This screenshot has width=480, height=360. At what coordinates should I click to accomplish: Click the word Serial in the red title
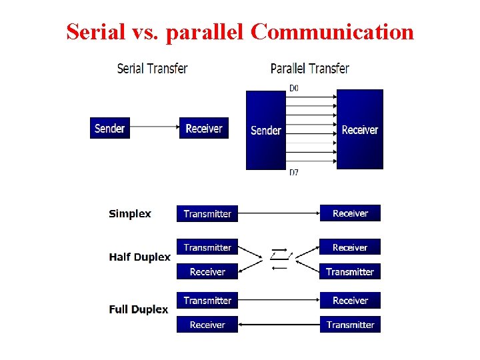pyautogui.click(x=95, y=31)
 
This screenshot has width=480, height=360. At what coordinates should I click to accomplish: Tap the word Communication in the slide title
pyautogui.click(x=333, y=31)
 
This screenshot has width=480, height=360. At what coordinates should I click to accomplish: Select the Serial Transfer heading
pyautogui.click(x=152, y=68)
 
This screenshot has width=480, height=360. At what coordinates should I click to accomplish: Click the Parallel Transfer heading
pyautogui.click(x=310, y=68)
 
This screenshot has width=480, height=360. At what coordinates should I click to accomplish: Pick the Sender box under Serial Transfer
pyautogui.click(x=110, y=128)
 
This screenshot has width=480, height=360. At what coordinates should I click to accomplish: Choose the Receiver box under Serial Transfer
pyautogui.click(x=204, y=128)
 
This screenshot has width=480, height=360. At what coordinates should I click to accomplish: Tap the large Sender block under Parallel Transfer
pyautogui.click(x=266, y=130)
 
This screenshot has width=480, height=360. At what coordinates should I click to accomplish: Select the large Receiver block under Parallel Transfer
pyautogui.click(x=360, y=129)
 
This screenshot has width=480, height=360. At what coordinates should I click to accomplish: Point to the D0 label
pyautogui.click(x=294, y=87)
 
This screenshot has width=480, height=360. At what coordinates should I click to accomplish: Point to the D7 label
pyautogui.click(x=294, y=173)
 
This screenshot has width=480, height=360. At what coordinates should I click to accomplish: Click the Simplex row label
pyautogui.click(x=130, y=214)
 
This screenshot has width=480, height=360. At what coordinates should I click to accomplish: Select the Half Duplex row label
pyautogui.click(x=140, y=257)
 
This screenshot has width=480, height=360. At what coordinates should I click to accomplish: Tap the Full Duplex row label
pyautogui.click(x=139, y=309)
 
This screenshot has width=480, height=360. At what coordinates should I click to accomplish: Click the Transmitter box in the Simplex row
pyautogui.click(x=207, y=214)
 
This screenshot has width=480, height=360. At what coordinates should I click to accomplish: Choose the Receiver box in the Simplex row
pyautogui.click(x=350, y=213)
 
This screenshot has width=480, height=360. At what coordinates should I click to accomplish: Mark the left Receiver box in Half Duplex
pyautogui.click(x=207, y=271)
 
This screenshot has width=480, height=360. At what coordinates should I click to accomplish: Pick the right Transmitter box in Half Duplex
pyautogui.click(x=350, y=271)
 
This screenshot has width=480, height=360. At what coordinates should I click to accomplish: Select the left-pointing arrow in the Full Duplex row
pyautogui.click(x=279, y=325)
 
